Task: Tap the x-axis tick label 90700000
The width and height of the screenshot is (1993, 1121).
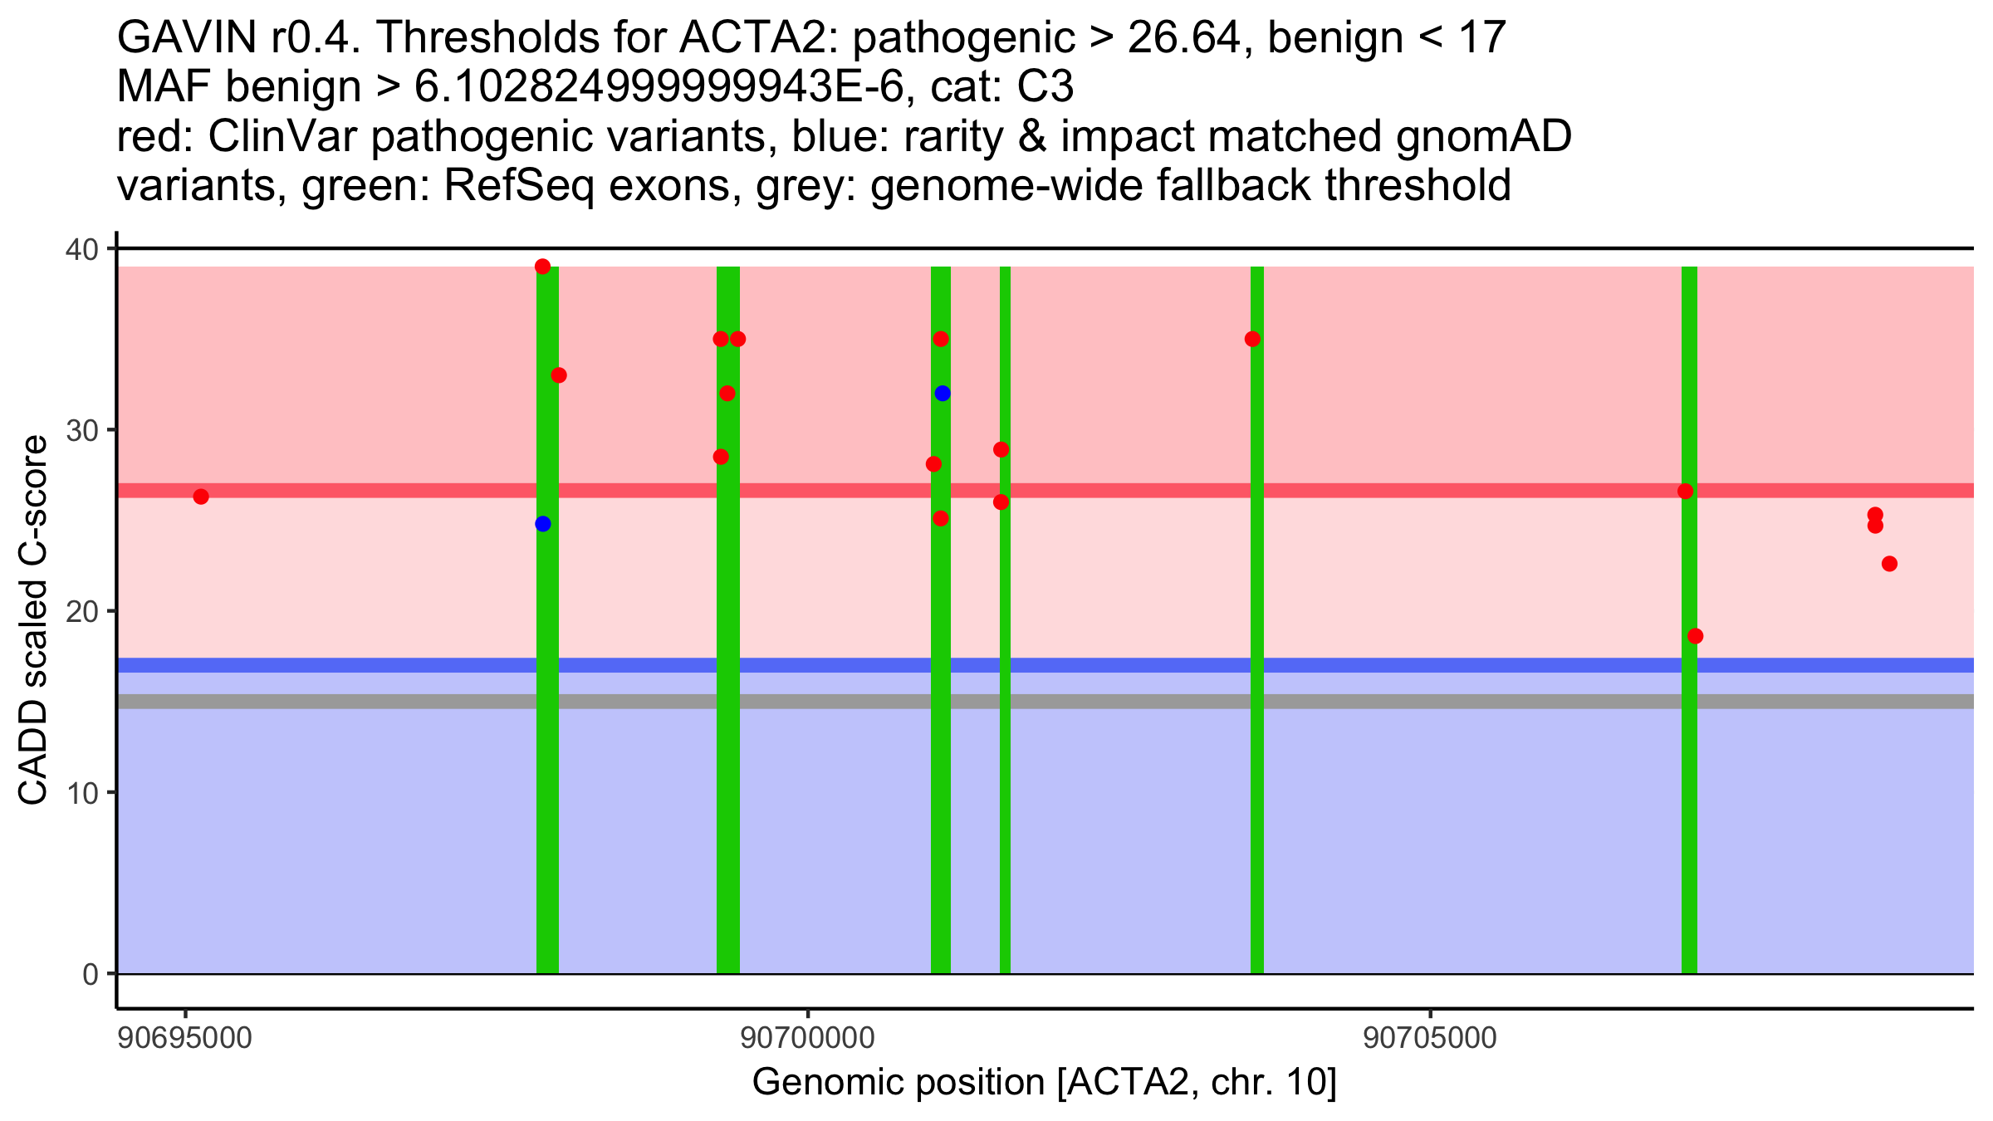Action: point(807,1038)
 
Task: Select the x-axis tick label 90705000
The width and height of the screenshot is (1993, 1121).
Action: point(1429,1038)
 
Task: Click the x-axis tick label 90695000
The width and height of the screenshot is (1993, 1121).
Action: point(185,1038)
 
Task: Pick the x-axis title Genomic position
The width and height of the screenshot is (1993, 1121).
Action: point(1044,1083)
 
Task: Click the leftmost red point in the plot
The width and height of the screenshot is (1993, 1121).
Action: point(201,497)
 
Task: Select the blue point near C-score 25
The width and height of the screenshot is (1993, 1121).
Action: point(543,524)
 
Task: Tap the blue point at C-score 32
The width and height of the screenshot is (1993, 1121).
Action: point(943,394)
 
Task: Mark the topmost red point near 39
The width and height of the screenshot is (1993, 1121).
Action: point(543,267)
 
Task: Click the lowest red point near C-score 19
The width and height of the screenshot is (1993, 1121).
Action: point(1696,636)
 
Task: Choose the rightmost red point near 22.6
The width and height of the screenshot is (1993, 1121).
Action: point(1889,564)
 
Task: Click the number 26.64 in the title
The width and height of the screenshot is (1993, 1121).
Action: point(1191,38)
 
